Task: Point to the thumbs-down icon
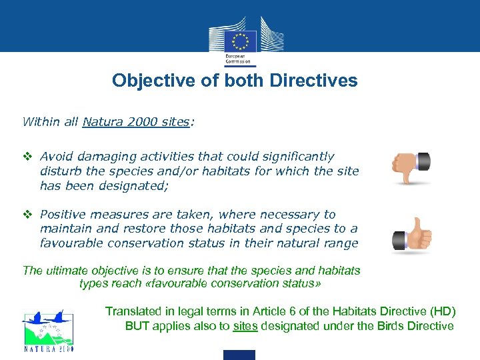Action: pyautogui.click(x=411, y=167)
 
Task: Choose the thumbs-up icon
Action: pyautogui.click(x=411, y=235)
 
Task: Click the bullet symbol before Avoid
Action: pyautogui.click(x=27, y=157)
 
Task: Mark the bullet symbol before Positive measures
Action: pyautogui.click(x=27, y=215)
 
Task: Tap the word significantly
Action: pyautogui.click(x=296, y=157)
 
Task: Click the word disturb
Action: pyautogui.click(x=59, y=171)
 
